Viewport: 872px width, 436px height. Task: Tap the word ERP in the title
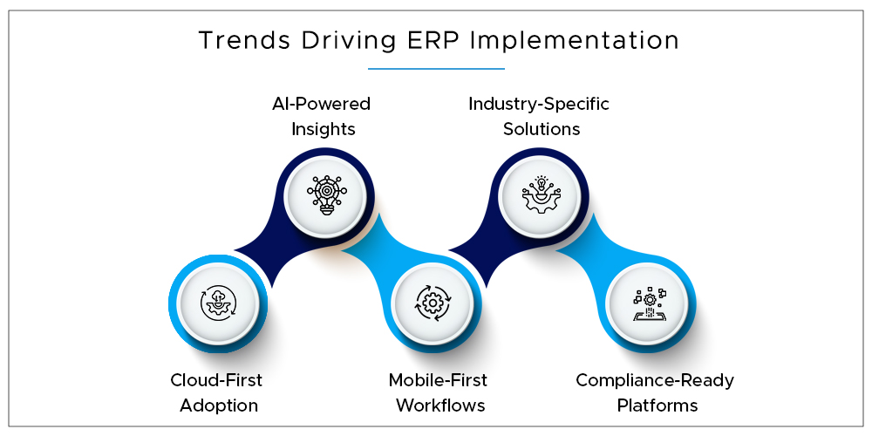point(435,40)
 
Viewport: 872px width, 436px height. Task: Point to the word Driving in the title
point(344,41)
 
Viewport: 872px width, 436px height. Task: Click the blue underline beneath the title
point(436,69)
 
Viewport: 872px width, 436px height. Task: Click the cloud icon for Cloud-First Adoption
point(218,303)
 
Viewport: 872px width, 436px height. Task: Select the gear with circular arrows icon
point(433,303)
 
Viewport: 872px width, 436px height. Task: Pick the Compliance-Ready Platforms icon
point(649,303)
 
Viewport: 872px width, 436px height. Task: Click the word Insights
point(324,130)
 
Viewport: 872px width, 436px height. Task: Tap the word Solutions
point(542,129)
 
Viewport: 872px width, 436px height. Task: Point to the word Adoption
point(219,406)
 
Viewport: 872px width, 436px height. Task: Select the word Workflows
point(439,405)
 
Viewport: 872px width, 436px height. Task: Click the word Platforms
point(657,405)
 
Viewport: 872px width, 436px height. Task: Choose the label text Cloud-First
point(216,380)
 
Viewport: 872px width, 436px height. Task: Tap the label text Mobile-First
point(438,380)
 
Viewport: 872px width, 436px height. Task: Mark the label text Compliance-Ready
point(655,382)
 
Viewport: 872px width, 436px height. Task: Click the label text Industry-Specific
point(539,105)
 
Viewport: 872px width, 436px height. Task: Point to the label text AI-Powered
point(321,104)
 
